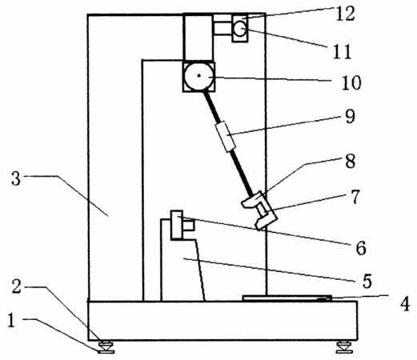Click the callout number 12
(345, 14)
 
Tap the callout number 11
(342, 51)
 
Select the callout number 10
(351, 82)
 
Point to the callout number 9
(350, 116)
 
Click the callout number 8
(351, 161)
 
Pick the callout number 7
(355, 197)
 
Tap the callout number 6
(361, 248)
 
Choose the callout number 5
(367, 281)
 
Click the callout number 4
(405, 304)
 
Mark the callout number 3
(16, 178)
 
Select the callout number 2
(17, 287)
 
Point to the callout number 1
(11, 320)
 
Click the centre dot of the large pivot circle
(198, 76)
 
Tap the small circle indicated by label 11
(240, 29)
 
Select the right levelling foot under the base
(344, 347)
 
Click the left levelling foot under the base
(106, 347)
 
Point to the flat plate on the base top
(287, 298)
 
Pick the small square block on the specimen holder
(188, 226)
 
